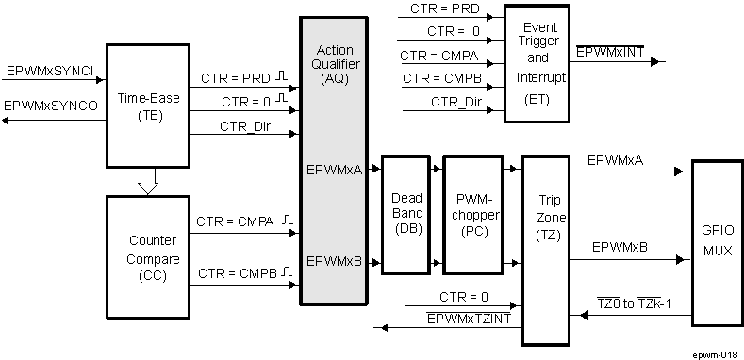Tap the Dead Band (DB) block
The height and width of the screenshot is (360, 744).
[x=406, y=214]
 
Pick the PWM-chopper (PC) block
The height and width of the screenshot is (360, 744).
[x=472, y=214]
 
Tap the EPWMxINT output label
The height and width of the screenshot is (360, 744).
[x=609, y=52]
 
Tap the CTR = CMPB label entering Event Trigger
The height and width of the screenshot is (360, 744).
[x=438, y=78]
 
